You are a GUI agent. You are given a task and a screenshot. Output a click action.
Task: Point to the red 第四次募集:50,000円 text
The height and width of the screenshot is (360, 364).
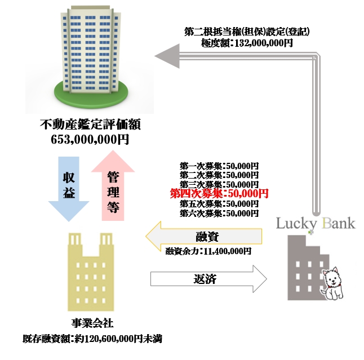coord(219,194)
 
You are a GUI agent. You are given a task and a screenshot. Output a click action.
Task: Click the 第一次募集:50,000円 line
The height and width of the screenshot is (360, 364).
coord(219,166)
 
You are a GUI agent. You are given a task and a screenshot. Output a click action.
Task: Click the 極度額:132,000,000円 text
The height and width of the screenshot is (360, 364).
coord(247,42)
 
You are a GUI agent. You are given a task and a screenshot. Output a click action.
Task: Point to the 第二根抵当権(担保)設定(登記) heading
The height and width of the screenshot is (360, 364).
coord(247,31)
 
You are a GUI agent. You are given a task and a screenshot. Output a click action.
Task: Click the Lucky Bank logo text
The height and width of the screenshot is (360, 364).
coord(316,223)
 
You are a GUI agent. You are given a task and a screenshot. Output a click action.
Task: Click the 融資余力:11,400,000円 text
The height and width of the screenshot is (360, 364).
coord(208,251)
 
